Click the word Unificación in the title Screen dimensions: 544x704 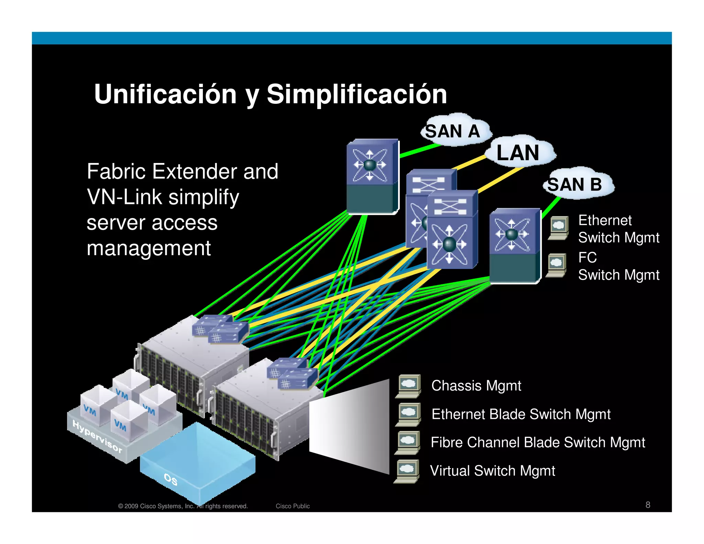(165, 94)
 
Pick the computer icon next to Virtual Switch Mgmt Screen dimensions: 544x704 (407, 471)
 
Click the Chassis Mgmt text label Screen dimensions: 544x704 (476, 386)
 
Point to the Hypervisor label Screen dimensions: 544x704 (97, 436)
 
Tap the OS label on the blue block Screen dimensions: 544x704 (170, 479)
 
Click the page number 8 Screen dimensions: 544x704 (648, 505)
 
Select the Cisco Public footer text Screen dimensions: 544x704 (293, 506)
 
